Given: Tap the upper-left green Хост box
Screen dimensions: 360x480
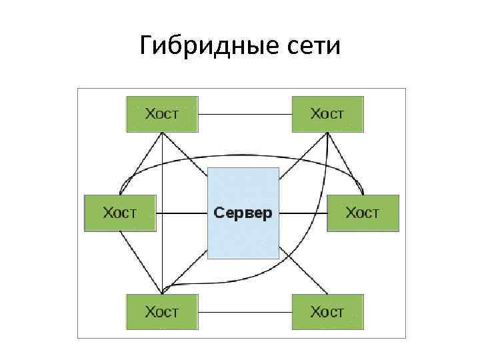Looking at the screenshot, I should (x=162, y=114).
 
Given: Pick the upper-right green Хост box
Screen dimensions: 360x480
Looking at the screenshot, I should (x=327, y=114).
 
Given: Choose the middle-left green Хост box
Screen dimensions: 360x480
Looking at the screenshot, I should (x=119, y=213).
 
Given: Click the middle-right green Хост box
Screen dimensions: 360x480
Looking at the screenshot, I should (x=363, y=213).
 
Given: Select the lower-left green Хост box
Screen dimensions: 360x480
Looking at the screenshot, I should (x=162, y=311).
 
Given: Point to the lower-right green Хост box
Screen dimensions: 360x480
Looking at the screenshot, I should (x=327, y=311).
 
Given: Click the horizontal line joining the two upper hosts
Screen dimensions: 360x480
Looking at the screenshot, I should (x=245, y=115).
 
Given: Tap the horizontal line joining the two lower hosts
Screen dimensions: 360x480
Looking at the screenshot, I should (x=245, y=312).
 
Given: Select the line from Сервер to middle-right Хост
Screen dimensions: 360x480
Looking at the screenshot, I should (x=303, y=214).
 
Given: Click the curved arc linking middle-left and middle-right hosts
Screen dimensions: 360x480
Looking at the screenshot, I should (x=240, y=155).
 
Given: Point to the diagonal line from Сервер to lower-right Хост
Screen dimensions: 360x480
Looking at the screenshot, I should (x=303, y=271).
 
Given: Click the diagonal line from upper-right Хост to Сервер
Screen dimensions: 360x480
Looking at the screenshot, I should (x=303, y=157).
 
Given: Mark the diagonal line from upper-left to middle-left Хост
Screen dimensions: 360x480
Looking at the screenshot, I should (x=142, y=162).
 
